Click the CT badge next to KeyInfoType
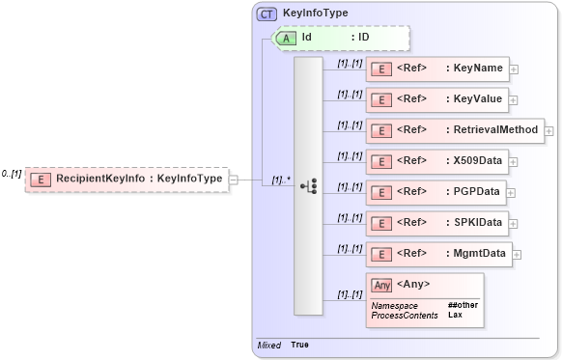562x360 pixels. click(x=266, y=14)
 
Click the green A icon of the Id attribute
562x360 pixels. click(x=287, y=38)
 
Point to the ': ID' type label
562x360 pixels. click(x=361, y=38)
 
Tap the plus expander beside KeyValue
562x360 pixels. click(x=514, y=99)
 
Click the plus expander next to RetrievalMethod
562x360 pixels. click(x=549, y=130)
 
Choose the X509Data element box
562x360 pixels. click(x=438, y=161)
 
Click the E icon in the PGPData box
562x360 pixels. click(x=380, y=192)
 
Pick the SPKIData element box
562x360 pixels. click(x=438, y=223)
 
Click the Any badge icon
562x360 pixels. click(x=381, y=285)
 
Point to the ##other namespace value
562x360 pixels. click(x=463, y=305)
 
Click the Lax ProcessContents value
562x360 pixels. click(x=454, y=315)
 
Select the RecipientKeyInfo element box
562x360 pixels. click(x=126, y=179)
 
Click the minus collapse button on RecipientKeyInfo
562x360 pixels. click(x=234, y=179)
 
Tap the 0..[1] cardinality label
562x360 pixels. click(x=12, y=174)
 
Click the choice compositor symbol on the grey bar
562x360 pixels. click(x=308, y=185)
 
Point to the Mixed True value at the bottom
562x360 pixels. click(x=299, y=345)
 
